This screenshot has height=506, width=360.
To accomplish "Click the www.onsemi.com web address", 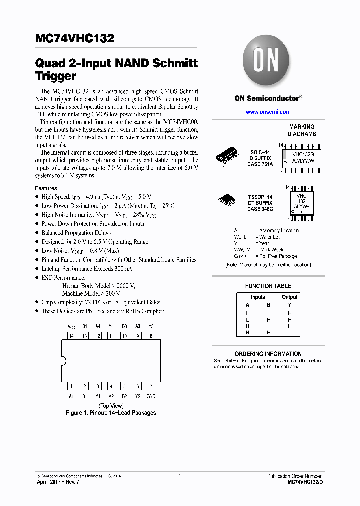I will (268, 112).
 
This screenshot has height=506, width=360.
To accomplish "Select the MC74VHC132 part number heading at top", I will (75, 38).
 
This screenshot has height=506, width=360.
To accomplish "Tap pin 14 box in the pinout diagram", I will (71, 336).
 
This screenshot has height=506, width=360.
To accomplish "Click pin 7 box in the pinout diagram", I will (151, 386).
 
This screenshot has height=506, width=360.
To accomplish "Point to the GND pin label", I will (151, 396).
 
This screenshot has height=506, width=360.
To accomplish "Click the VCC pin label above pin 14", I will (71, 326).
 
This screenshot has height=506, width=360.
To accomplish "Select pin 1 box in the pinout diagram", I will (71, 386).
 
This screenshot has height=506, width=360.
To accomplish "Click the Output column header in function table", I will (289, 297).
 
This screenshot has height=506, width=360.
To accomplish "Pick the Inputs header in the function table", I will (258, 297).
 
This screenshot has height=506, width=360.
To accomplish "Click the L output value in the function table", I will (289, 332).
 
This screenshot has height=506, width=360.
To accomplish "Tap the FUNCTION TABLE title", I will (268, 286).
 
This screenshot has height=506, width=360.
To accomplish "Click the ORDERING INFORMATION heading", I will (268, 353).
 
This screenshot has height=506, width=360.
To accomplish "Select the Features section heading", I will (46, 188).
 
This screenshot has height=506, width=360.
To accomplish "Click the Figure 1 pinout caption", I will (111, 413).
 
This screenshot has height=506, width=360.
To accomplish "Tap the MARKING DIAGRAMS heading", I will (302, 130).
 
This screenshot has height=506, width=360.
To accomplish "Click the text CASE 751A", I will (260, 164).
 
